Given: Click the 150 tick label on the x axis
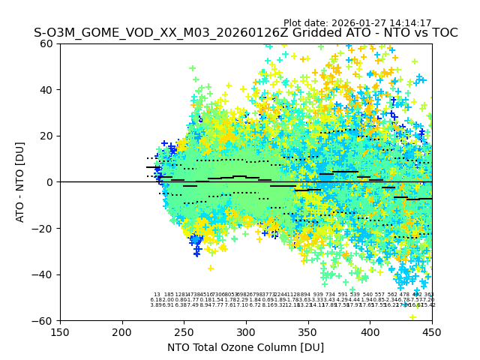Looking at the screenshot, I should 60,331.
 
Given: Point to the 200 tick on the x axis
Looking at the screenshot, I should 122,331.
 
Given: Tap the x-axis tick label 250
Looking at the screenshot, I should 184,331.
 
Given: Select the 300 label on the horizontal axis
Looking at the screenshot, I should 246,331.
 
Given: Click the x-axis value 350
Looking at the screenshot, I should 308,331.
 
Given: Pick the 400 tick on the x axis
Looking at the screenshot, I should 370,331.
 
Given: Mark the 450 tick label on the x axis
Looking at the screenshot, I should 432,331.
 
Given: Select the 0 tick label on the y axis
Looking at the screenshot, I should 51,182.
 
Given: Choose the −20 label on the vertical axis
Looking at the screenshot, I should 45,228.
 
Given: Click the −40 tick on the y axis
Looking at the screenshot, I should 45,274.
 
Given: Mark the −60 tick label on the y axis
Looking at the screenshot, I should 45,320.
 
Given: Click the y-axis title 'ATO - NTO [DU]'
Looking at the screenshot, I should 21,182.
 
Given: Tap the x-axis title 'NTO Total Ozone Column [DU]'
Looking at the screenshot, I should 245,347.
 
